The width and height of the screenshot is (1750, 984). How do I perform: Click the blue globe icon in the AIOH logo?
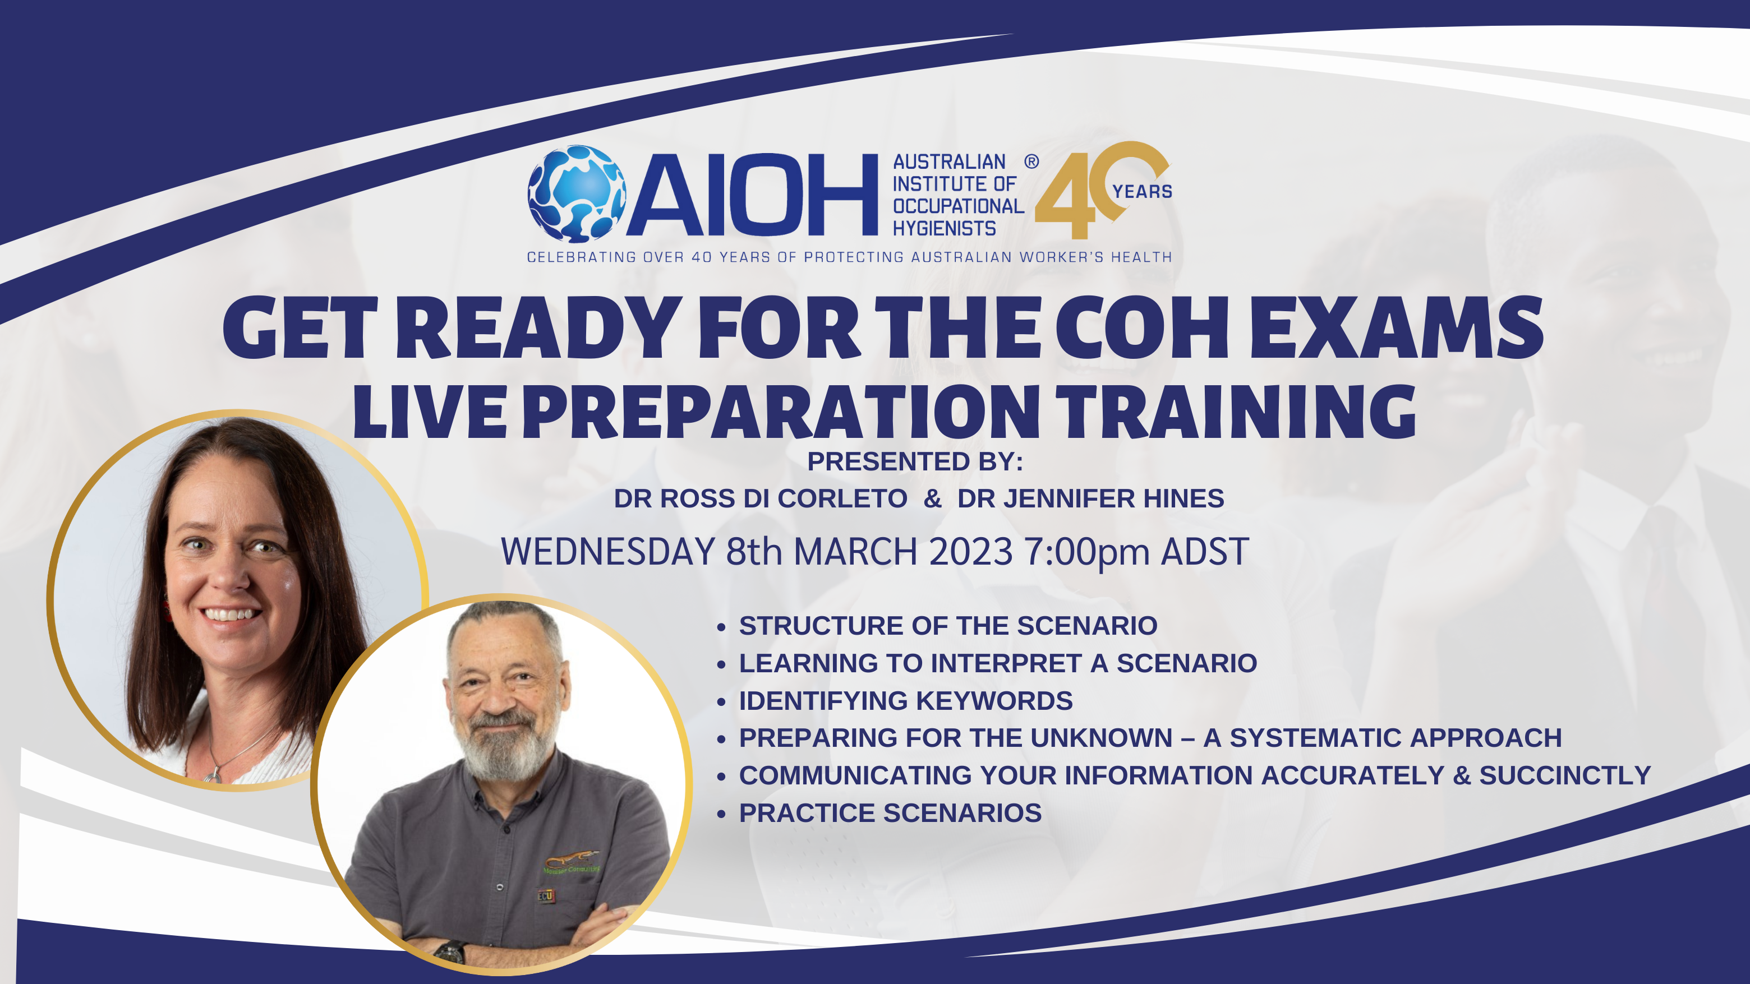tap(577, 193)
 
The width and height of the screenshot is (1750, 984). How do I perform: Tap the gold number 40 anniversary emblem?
tap(1102, 190)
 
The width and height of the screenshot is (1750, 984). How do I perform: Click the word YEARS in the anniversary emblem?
tap(1142, 192)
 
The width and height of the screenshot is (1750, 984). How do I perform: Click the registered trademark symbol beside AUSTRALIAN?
tap(1031, 161)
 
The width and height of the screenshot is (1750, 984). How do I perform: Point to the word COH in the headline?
tap(1141, 327)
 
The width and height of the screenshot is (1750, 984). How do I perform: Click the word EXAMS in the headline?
tap(1397, 327)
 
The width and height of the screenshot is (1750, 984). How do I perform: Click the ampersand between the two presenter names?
tap(933, 498)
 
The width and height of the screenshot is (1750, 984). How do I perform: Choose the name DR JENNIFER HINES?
tap(1090, 498)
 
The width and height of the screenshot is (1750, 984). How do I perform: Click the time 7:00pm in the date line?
tap(1085, 551)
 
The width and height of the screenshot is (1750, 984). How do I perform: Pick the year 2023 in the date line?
tap(971, 551)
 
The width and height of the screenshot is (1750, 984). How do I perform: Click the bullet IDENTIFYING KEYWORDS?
tap(906, 700)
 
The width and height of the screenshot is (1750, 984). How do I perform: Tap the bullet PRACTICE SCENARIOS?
tap(890, 813)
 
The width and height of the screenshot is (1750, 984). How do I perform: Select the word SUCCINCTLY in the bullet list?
tap(1565, 775)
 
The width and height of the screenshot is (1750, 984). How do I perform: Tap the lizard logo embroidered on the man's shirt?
tap(570, 859)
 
